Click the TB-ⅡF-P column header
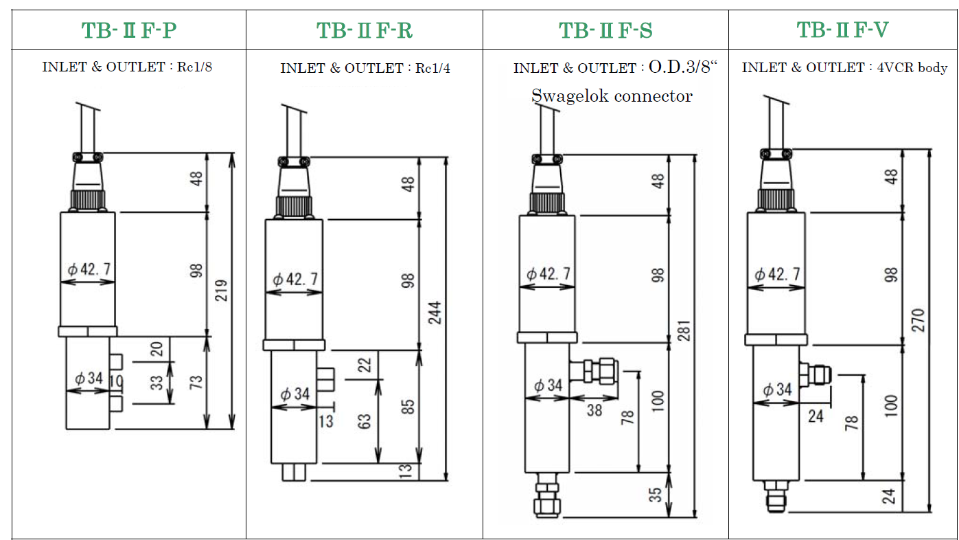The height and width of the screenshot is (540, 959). [129, 30]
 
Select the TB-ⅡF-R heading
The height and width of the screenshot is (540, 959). [365, 30]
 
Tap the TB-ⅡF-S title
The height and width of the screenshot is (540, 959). [605, 30]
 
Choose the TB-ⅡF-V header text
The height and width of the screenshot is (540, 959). [842, 30]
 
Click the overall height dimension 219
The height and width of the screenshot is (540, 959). [221, 290]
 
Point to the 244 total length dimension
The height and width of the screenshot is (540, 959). [435, 313]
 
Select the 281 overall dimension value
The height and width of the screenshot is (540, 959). [684, 330]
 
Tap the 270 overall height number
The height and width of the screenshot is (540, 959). [918, 320]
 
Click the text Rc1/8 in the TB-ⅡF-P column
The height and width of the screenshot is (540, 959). [194, 67]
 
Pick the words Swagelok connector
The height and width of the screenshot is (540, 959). [612, 96]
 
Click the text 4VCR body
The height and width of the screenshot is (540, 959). [912, 68]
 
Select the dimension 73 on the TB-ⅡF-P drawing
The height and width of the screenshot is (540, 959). [196, 382]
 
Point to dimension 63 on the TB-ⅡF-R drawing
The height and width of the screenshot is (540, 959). [364, 422]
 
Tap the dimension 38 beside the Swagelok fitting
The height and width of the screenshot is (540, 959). [594, 410]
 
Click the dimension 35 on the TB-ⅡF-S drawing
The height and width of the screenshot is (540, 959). [655, 495]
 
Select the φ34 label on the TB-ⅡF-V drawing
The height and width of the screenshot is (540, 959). [778, 390]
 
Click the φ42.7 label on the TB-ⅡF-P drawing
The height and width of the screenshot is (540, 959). [89, 269]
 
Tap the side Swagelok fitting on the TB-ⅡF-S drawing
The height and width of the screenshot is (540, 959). [594, 371]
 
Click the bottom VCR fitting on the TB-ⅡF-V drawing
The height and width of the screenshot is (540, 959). [776, 496]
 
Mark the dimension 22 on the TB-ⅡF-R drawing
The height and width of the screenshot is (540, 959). [364, 365]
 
